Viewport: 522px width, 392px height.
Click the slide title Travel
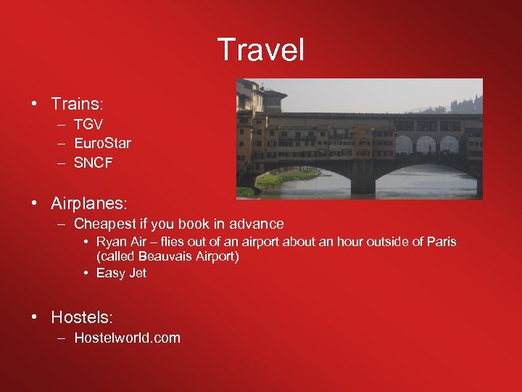tap(261, 50)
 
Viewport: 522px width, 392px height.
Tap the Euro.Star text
tap(102, 143)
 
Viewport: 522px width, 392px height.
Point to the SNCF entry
tap(94, 163)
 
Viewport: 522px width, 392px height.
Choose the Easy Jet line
tap(121, 273)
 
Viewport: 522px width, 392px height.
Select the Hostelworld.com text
tap(127, 338)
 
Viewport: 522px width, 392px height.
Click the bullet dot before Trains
tap(35, 105)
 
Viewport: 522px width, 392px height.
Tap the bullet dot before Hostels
tap(35, 318)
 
